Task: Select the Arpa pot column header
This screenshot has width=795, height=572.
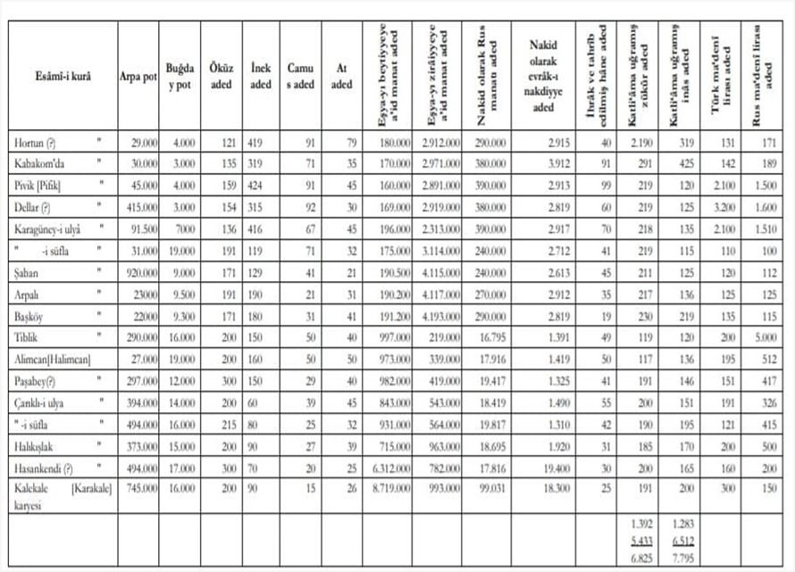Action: [138, 76]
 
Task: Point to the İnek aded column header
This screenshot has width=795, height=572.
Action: [261, 76]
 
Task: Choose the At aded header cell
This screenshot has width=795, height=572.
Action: [341, 76]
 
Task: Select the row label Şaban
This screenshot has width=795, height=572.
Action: [29, 270]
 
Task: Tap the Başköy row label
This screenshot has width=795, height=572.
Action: [34, 315]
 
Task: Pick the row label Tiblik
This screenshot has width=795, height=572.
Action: [29, 336]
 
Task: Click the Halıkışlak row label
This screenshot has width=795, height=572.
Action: [38, 444]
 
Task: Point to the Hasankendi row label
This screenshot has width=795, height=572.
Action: [43, 467]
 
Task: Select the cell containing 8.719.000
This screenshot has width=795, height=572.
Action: [389, 488]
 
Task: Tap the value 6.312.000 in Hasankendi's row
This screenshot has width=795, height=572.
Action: [389, 467]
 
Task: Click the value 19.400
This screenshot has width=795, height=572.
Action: [547, 467]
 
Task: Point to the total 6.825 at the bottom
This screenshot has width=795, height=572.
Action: [639, 558]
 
